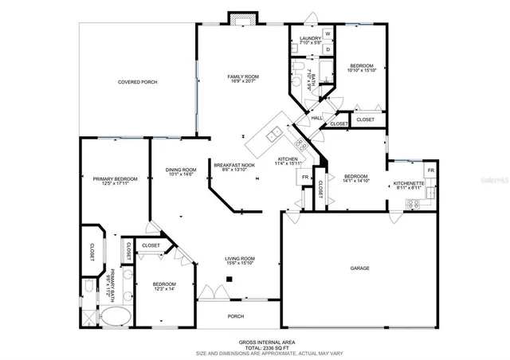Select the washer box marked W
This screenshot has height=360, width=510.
[x=328, y=33]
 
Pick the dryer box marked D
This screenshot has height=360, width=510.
[x=328, y=49]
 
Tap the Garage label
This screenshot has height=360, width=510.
[x=359, y=268]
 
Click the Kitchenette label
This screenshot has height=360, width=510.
[x=410, y=184]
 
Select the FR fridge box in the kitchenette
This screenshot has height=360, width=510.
[x=430, y=170]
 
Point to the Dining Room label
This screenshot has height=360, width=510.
[x=180, y=170]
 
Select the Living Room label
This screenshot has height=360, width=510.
[x=239, y=259]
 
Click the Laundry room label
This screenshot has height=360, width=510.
[x=310, y=38]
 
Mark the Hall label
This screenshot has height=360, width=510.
[x=316, y=118]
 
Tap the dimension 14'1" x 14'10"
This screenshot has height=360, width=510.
[x=355, y=181]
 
